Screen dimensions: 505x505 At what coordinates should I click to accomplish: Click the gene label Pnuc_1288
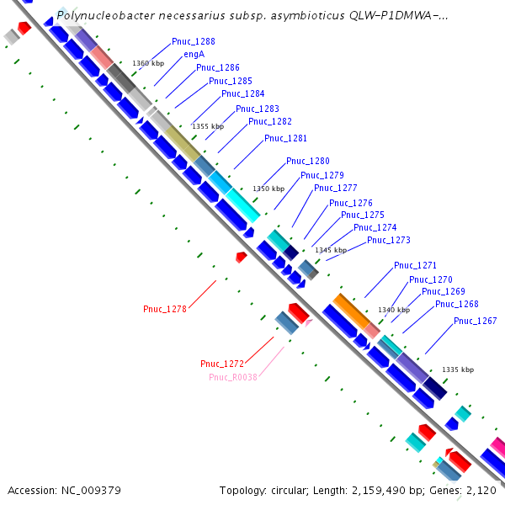[x=193, y=41]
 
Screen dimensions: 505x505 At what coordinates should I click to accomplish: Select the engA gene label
[x=194, y=55]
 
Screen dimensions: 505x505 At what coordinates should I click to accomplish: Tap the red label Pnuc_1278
[x=164, y=309]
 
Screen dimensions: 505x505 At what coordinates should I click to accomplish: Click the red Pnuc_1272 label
[x=221, y=364]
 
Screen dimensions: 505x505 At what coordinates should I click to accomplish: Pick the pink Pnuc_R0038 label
[x=232, y=377]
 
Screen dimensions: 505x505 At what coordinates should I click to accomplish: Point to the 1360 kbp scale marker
[x=147, y=63]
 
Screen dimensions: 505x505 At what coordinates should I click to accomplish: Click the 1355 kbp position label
[x=208, y=126]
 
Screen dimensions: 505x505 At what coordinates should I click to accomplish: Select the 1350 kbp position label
[x=268, y=189]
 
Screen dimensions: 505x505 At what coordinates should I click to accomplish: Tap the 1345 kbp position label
[x=330, y=250]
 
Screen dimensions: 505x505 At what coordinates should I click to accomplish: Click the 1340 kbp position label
[x=393, y=310]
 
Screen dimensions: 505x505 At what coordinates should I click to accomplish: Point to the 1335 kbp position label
[x=457, y=369]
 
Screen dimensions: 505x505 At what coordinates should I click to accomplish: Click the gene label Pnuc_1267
[x=475, y=321]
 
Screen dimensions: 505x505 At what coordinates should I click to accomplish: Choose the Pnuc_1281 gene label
[x=285, y=139]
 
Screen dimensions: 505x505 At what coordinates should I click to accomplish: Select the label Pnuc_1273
[x=388, y=240]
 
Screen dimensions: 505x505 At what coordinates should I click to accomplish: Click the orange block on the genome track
[x=351, y=311]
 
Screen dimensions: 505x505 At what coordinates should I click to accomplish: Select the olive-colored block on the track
[x=182, y=143]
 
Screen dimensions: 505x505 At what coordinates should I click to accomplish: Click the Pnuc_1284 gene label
[x=242, y=94]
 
